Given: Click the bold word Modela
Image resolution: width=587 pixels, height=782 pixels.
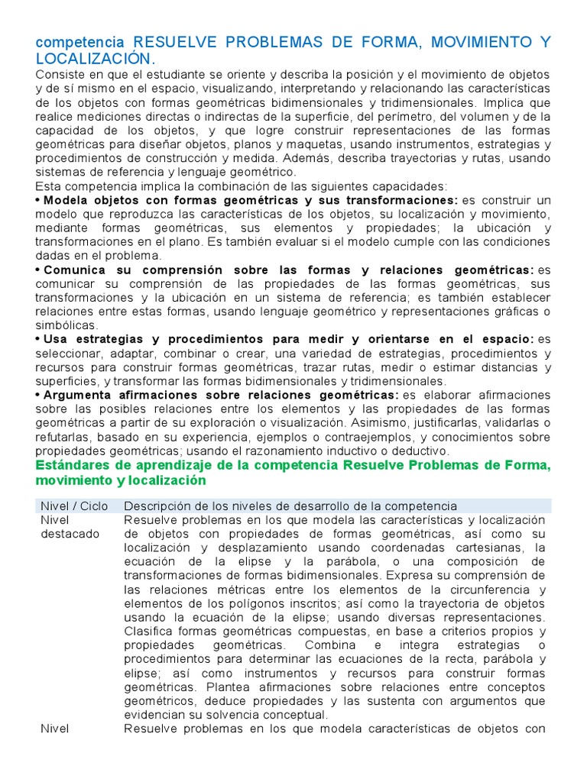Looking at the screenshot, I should coord(63,200).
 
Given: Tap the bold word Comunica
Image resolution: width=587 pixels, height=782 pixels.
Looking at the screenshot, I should coord(75,270).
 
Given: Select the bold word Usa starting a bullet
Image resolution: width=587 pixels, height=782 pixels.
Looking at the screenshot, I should coord(56,339).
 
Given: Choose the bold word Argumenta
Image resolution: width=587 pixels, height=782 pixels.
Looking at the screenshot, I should coord(81,395).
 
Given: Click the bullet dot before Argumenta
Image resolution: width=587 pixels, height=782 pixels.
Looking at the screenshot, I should coord(38,395).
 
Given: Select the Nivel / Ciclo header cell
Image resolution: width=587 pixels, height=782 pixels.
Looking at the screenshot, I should coord(75,506).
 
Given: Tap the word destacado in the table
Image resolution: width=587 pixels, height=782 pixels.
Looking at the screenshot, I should coord(70,534).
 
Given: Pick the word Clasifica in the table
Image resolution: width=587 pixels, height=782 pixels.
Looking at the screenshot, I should coord(149,631).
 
